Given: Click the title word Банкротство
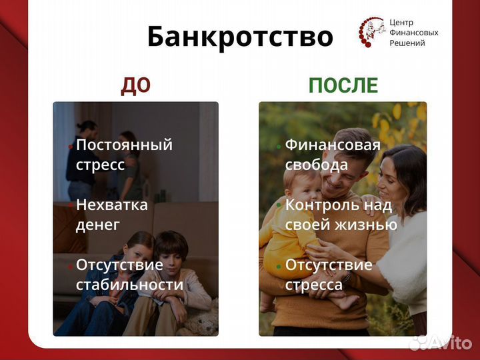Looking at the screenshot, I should pos(240,37).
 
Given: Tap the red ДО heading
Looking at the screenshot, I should pos(135,85).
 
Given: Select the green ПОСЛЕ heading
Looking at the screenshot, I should pos(343,85).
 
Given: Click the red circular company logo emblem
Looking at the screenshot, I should pos(369,32).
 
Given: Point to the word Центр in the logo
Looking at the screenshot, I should pos(401,22).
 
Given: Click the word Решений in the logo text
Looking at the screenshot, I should pos(407,43).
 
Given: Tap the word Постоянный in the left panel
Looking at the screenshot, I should pos(124,145).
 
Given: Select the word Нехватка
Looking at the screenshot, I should pos(111,205).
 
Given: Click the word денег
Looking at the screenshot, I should pos(98,225).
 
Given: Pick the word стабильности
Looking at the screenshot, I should pos(129,285).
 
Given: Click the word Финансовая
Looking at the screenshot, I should pos(333,145).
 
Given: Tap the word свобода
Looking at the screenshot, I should pos(317,165).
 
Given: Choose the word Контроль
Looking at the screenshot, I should pos(321,205).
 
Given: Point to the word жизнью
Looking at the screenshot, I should pos(369,225).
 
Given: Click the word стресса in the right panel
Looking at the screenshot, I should pos(314,285).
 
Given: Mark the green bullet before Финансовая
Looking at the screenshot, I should pos(279,146).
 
